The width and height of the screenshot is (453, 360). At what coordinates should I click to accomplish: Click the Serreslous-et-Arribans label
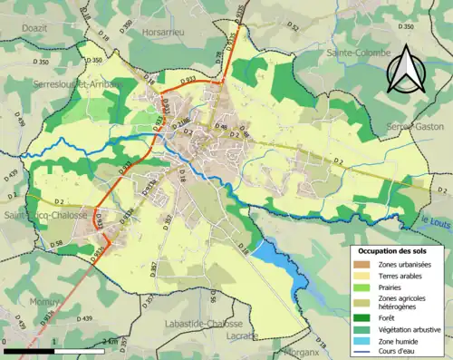(x=70, y=83)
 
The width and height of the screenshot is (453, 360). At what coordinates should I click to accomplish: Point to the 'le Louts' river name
(x=436, y=220)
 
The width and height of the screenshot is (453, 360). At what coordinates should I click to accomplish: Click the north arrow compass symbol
(x=404, y=70)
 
